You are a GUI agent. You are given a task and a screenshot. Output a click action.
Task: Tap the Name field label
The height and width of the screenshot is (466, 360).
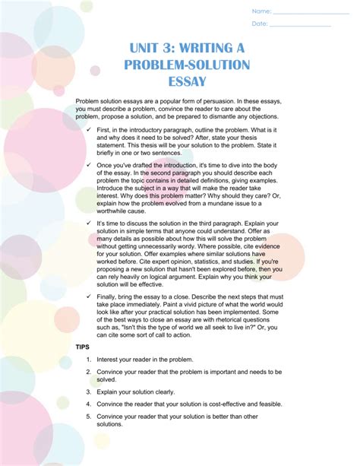pos(261,11)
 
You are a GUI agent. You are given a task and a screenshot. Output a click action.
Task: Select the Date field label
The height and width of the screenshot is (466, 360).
pos(260,24)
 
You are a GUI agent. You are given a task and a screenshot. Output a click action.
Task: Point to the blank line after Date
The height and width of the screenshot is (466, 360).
pos(301,26)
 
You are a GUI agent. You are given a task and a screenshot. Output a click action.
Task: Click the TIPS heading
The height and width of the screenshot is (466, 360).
pos(82,345)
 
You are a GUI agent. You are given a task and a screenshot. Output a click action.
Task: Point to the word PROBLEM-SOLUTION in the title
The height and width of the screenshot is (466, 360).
pos(178,65)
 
